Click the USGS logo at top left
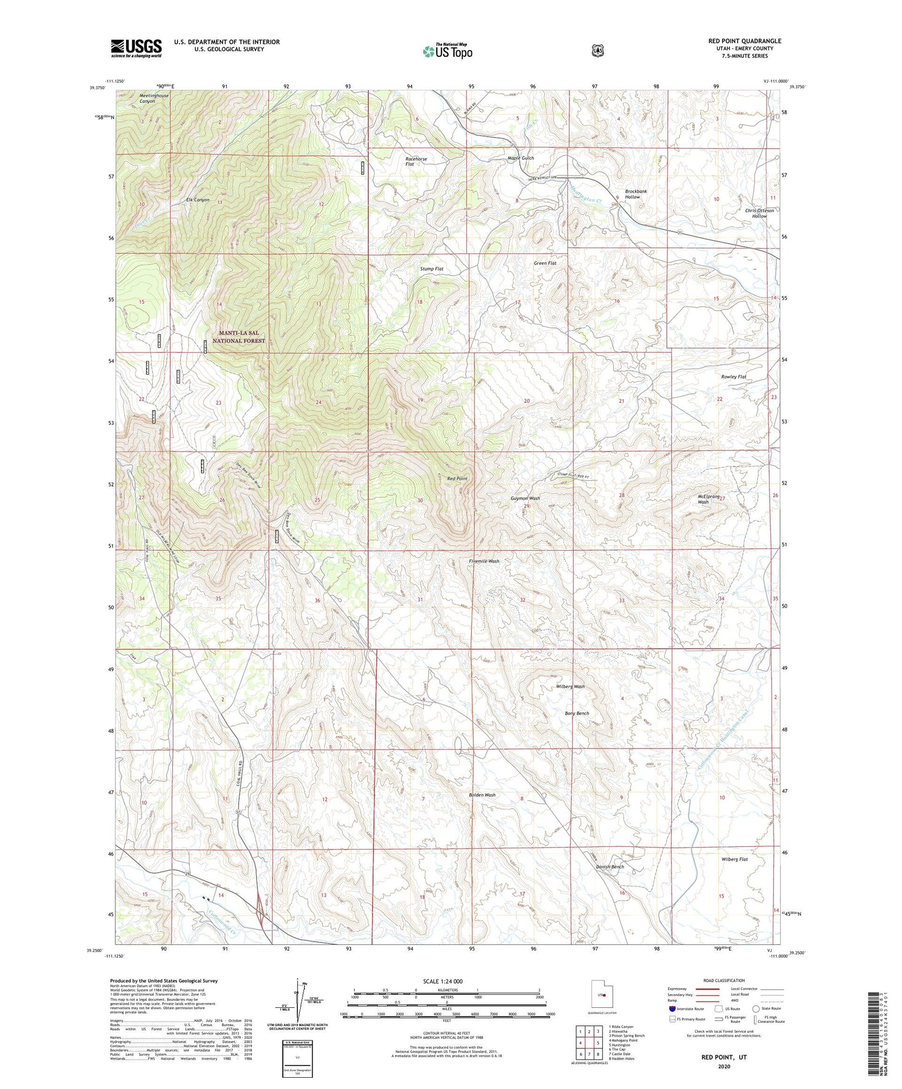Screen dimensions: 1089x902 [x=136, y=48]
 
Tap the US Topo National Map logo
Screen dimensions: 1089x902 [x=447, y=51]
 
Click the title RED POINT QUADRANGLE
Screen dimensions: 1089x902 [x=744, y=41]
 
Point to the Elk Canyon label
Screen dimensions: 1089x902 [x=197, y=200]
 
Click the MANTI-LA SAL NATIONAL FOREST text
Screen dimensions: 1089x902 [x=238, y=337]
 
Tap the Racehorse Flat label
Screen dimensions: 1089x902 [x=416, y=162]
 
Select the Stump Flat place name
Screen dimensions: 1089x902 [x=431, y=269]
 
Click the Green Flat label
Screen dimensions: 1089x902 [x=544, y=263]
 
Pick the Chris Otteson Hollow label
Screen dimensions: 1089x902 [x=759, y=213]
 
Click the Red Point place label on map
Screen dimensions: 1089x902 [x=457, y=478]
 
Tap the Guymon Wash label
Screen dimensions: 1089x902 [x=525, y=498]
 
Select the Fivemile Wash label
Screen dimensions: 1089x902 [x=484, y=561]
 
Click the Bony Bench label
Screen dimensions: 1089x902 [x=577, y=714]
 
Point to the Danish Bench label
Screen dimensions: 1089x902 [x=609, y=867]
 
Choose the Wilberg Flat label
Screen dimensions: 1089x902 [x=734, y=859]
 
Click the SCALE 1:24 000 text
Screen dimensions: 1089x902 [x=443, y=981]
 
